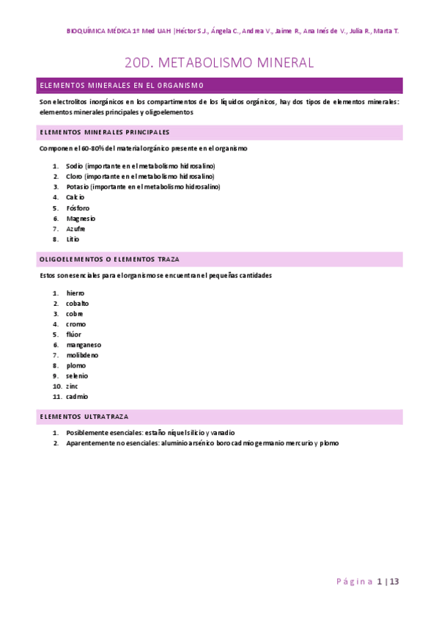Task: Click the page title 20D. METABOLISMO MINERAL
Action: (219, 63)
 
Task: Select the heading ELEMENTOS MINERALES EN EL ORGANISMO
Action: (122, 86)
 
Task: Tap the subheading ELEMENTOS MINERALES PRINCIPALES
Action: (104, 132)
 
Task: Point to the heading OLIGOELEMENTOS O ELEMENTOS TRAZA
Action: (109, 259)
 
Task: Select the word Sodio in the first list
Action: (74, 166)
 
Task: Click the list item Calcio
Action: (75, 197)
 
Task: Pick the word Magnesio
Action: (81, 218)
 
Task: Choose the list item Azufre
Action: (76, 228)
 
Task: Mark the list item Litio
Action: (73, 238)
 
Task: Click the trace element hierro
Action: (75, 293)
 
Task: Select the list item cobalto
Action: (78, 303)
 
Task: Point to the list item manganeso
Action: (84, 344)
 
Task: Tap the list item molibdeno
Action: (82, 354)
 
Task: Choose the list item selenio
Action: (77, 375)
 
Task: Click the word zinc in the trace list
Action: (72, 385)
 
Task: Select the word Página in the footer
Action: (355, 582)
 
